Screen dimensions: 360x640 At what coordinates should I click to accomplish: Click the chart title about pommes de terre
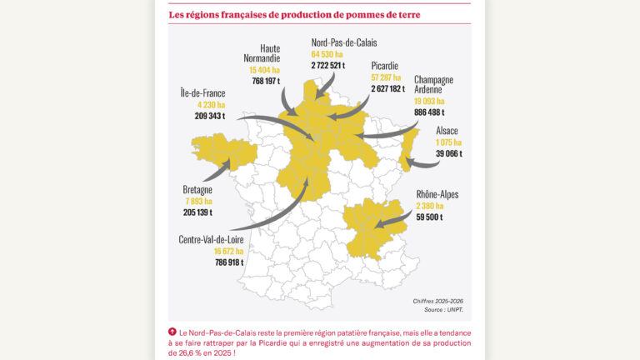tap(294, 14)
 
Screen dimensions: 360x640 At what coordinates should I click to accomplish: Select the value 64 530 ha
tap(327, 53)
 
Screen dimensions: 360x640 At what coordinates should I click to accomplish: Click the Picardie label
tap(385, 66)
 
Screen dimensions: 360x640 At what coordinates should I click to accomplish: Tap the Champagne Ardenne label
tap(434, 85)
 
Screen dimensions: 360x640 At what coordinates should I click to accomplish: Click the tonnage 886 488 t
tap(429, 112)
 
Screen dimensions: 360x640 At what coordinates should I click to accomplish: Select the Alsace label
tap(447, 131)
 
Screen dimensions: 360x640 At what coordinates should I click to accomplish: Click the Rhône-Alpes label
tap(437, 195)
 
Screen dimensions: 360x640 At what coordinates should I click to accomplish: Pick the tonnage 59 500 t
tap(430, 217)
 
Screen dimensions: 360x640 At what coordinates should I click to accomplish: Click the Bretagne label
tap(197, 190)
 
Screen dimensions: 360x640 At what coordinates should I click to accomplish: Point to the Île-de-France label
tap(202, 93)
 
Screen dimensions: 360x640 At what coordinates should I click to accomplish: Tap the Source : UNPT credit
tap(443, 310)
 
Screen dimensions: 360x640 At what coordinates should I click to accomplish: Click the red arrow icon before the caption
tap(172, 332)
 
